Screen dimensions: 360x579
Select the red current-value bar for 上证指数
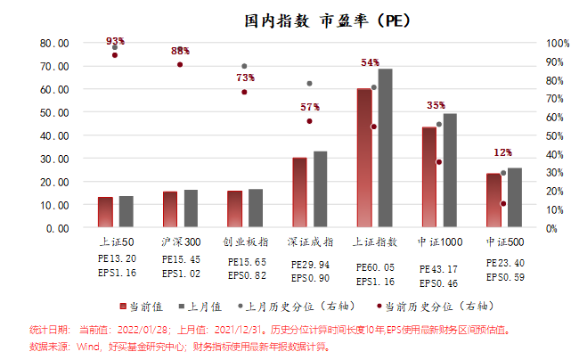click(x=364, y=158)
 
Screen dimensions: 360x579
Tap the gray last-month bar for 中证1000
click(x=450, y=169)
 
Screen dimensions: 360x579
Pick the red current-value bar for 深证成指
click(x=299, y=192)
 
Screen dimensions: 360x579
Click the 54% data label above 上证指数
click(x=370, y=62)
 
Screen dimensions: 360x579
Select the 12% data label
click(x=502, y=152)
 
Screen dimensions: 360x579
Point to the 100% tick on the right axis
click(x=558, y=43)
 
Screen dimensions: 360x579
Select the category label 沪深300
click(x=180, y=241)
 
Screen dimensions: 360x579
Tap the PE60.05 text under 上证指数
click(x=375, y=266)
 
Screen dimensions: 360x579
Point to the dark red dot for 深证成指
click(x=309, y=121)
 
